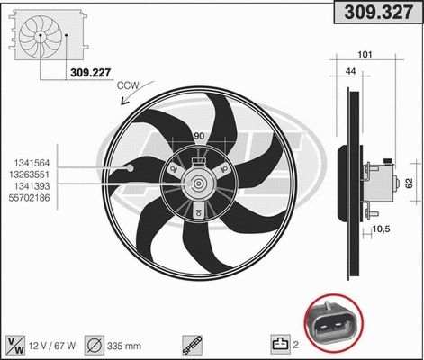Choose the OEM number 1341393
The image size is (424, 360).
[x=30, y=183]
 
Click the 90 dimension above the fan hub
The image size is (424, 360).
[x=199, y=136]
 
